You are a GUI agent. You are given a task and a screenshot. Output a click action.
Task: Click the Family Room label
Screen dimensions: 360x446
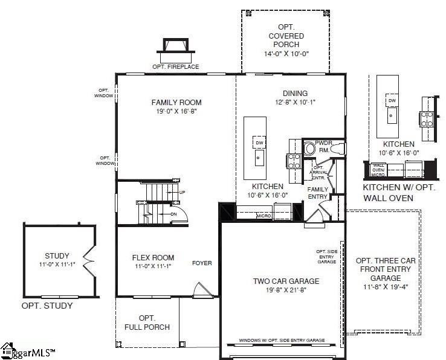pyautogui.click(x=176, y=103)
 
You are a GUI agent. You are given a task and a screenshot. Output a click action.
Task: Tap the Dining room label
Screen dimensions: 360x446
pyautogui.click(x=296, y=94)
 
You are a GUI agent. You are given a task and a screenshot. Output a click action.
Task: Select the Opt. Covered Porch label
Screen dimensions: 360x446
pyautogui.click(x=286, y=36)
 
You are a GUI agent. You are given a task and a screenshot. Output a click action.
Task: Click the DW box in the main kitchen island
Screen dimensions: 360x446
pyautogui.click(x=259, y=143)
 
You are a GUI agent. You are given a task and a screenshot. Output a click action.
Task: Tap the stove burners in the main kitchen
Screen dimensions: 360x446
pyautogui.click(x=293, y=161)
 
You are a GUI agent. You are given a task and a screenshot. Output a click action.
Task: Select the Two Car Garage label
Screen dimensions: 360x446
pyautogui.click(x=286, y=281)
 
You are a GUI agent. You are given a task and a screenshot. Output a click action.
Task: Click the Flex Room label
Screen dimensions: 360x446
pyautogui.click(x=153, y=258)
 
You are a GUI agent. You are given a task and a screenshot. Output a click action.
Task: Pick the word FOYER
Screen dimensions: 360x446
pyautogui.click(x=202, y=263)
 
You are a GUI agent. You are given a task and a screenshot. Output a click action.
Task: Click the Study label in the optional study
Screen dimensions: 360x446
pyautogui.click(x=57, y=256)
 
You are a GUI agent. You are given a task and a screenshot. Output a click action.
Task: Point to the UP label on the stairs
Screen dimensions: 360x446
pyautogui.click(x=182, y=193)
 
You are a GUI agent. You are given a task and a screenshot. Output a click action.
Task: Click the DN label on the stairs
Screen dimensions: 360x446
pyautogui.click(x=173, y=214)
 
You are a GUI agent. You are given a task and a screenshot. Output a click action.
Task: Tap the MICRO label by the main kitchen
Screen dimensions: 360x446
pyautogui.click(x=262, y=215)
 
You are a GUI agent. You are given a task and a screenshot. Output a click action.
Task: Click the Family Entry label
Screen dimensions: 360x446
pyautogui.click(x=318, y=193)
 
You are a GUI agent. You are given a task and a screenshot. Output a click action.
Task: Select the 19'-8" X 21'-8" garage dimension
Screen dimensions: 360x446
pyautogui.click(x=286, y=291)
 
